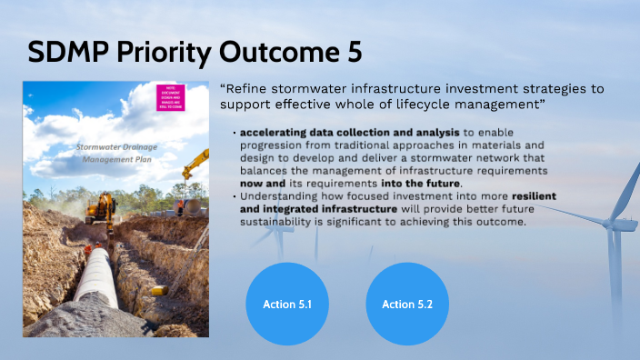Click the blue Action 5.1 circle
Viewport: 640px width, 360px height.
pos(287,305)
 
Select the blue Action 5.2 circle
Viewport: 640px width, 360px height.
pos(406,305)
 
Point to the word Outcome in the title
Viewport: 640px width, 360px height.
pos(276,53)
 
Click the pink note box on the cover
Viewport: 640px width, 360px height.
pos(170,95)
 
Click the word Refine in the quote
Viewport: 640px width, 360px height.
pos(249,88)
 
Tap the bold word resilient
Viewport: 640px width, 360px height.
pos(532,196)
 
